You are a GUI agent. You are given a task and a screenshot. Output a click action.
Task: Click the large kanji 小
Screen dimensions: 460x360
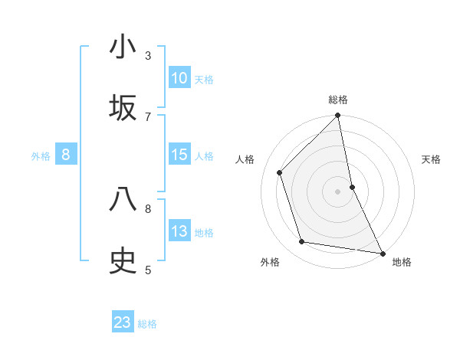click(123, 47)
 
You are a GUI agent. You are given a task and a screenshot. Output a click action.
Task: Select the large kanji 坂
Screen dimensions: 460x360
click(123, 108)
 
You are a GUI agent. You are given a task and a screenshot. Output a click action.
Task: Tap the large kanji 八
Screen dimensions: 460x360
click(123, 200)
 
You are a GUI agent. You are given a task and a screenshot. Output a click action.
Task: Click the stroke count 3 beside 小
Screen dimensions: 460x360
click(148, 55)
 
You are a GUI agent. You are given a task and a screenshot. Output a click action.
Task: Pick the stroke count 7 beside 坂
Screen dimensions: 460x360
click(148, 116)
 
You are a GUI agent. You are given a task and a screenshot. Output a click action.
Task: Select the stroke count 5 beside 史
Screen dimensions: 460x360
click(148, 270)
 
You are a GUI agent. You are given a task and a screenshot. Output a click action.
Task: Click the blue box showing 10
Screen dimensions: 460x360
click(179, 78)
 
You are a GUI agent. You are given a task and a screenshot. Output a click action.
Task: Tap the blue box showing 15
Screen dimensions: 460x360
click(179, 155)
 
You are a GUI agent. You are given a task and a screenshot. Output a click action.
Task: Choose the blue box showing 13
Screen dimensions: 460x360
click(179, 231)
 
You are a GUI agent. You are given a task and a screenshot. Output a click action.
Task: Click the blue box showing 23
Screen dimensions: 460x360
click(123, 322)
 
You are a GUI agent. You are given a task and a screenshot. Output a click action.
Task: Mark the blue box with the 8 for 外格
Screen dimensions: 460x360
click(66, 155)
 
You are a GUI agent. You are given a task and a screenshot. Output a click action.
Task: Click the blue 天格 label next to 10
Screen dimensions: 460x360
click(204, 79)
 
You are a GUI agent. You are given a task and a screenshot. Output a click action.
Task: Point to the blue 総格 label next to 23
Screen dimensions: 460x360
click(147, 323)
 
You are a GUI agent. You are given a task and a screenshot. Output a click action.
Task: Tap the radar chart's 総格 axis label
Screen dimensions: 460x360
click(338, 100)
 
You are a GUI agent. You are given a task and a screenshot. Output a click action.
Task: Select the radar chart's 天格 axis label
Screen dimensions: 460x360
click(432, 159)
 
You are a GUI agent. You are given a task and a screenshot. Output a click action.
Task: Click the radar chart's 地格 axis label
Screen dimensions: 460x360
click(402, 262)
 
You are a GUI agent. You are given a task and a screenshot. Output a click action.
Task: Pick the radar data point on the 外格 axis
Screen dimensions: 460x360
click(302, 242)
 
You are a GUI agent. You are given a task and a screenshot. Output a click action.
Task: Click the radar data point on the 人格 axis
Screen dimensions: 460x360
click(280, 172)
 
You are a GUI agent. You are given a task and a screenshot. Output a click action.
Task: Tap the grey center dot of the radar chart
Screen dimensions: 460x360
click(338, 191)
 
